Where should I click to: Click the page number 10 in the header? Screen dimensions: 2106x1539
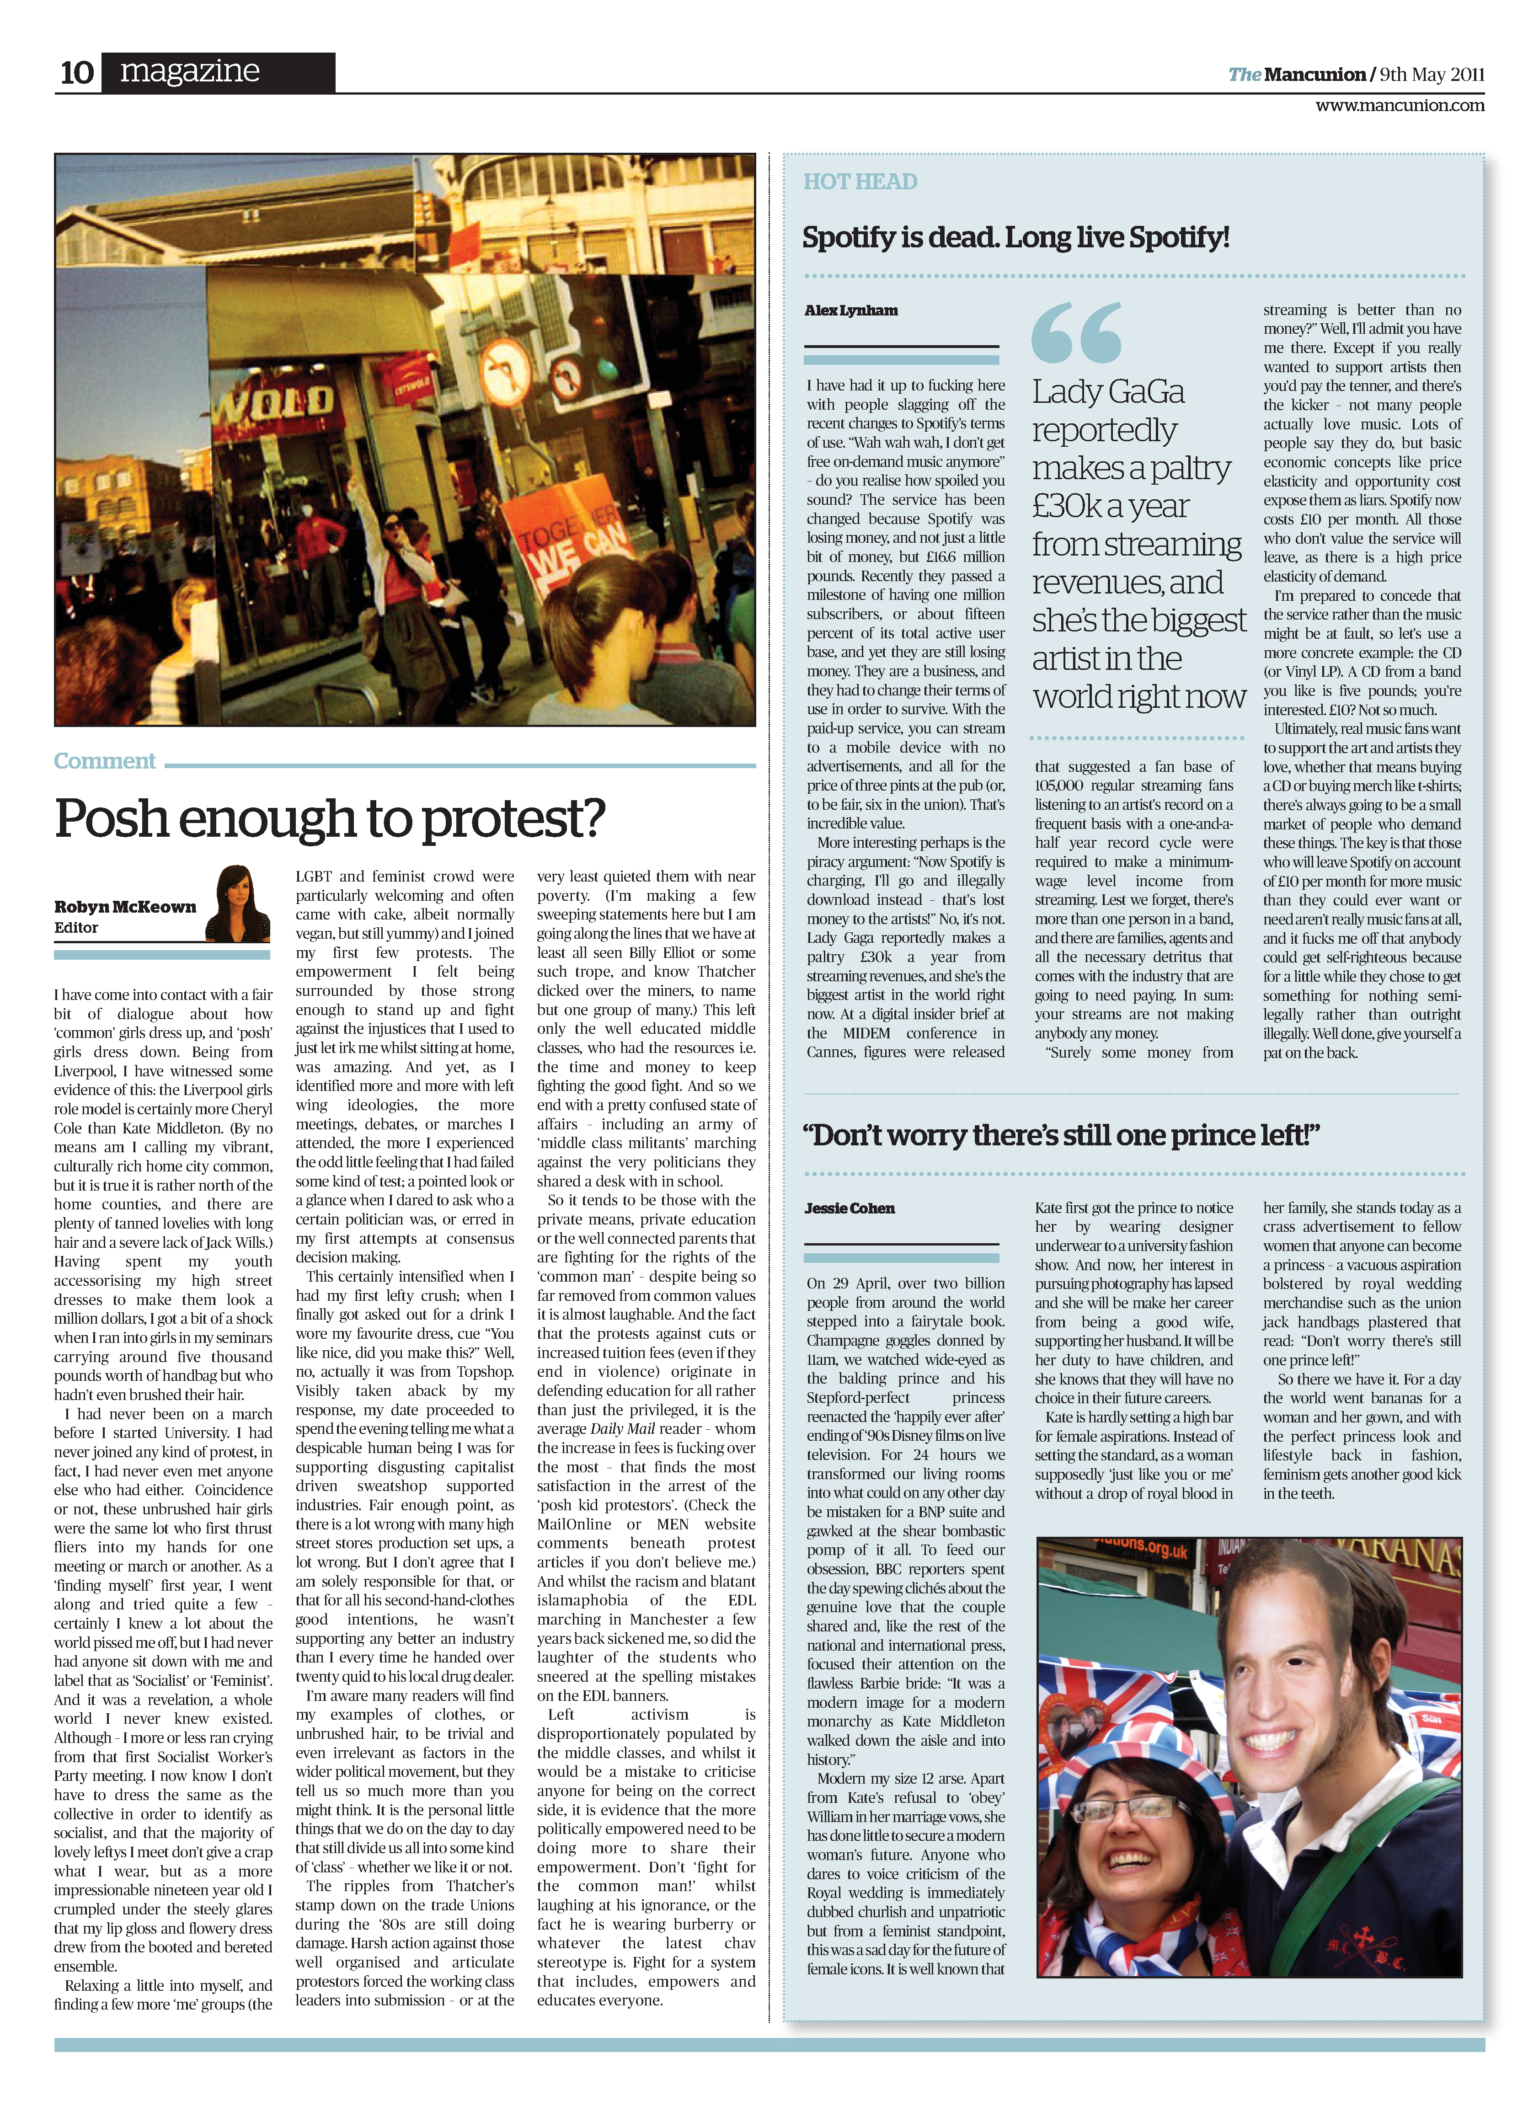(x=76, y=73)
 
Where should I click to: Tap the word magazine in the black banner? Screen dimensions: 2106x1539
(x=190, y=71)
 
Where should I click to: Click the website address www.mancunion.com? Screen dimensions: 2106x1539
(x=1399, y=105)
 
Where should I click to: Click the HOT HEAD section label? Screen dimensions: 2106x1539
(x=860, y=182)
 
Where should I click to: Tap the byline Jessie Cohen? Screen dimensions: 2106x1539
(x=849, y=1208)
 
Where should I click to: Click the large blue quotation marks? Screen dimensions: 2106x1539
(x=1076, y=332)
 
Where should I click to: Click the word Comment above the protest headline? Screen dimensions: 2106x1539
(x=104, y=761)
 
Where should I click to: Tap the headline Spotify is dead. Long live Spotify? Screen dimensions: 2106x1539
(x=1015, y=237)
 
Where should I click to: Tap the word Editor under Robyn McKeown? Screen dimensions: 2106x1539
(x=76, y=928)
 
